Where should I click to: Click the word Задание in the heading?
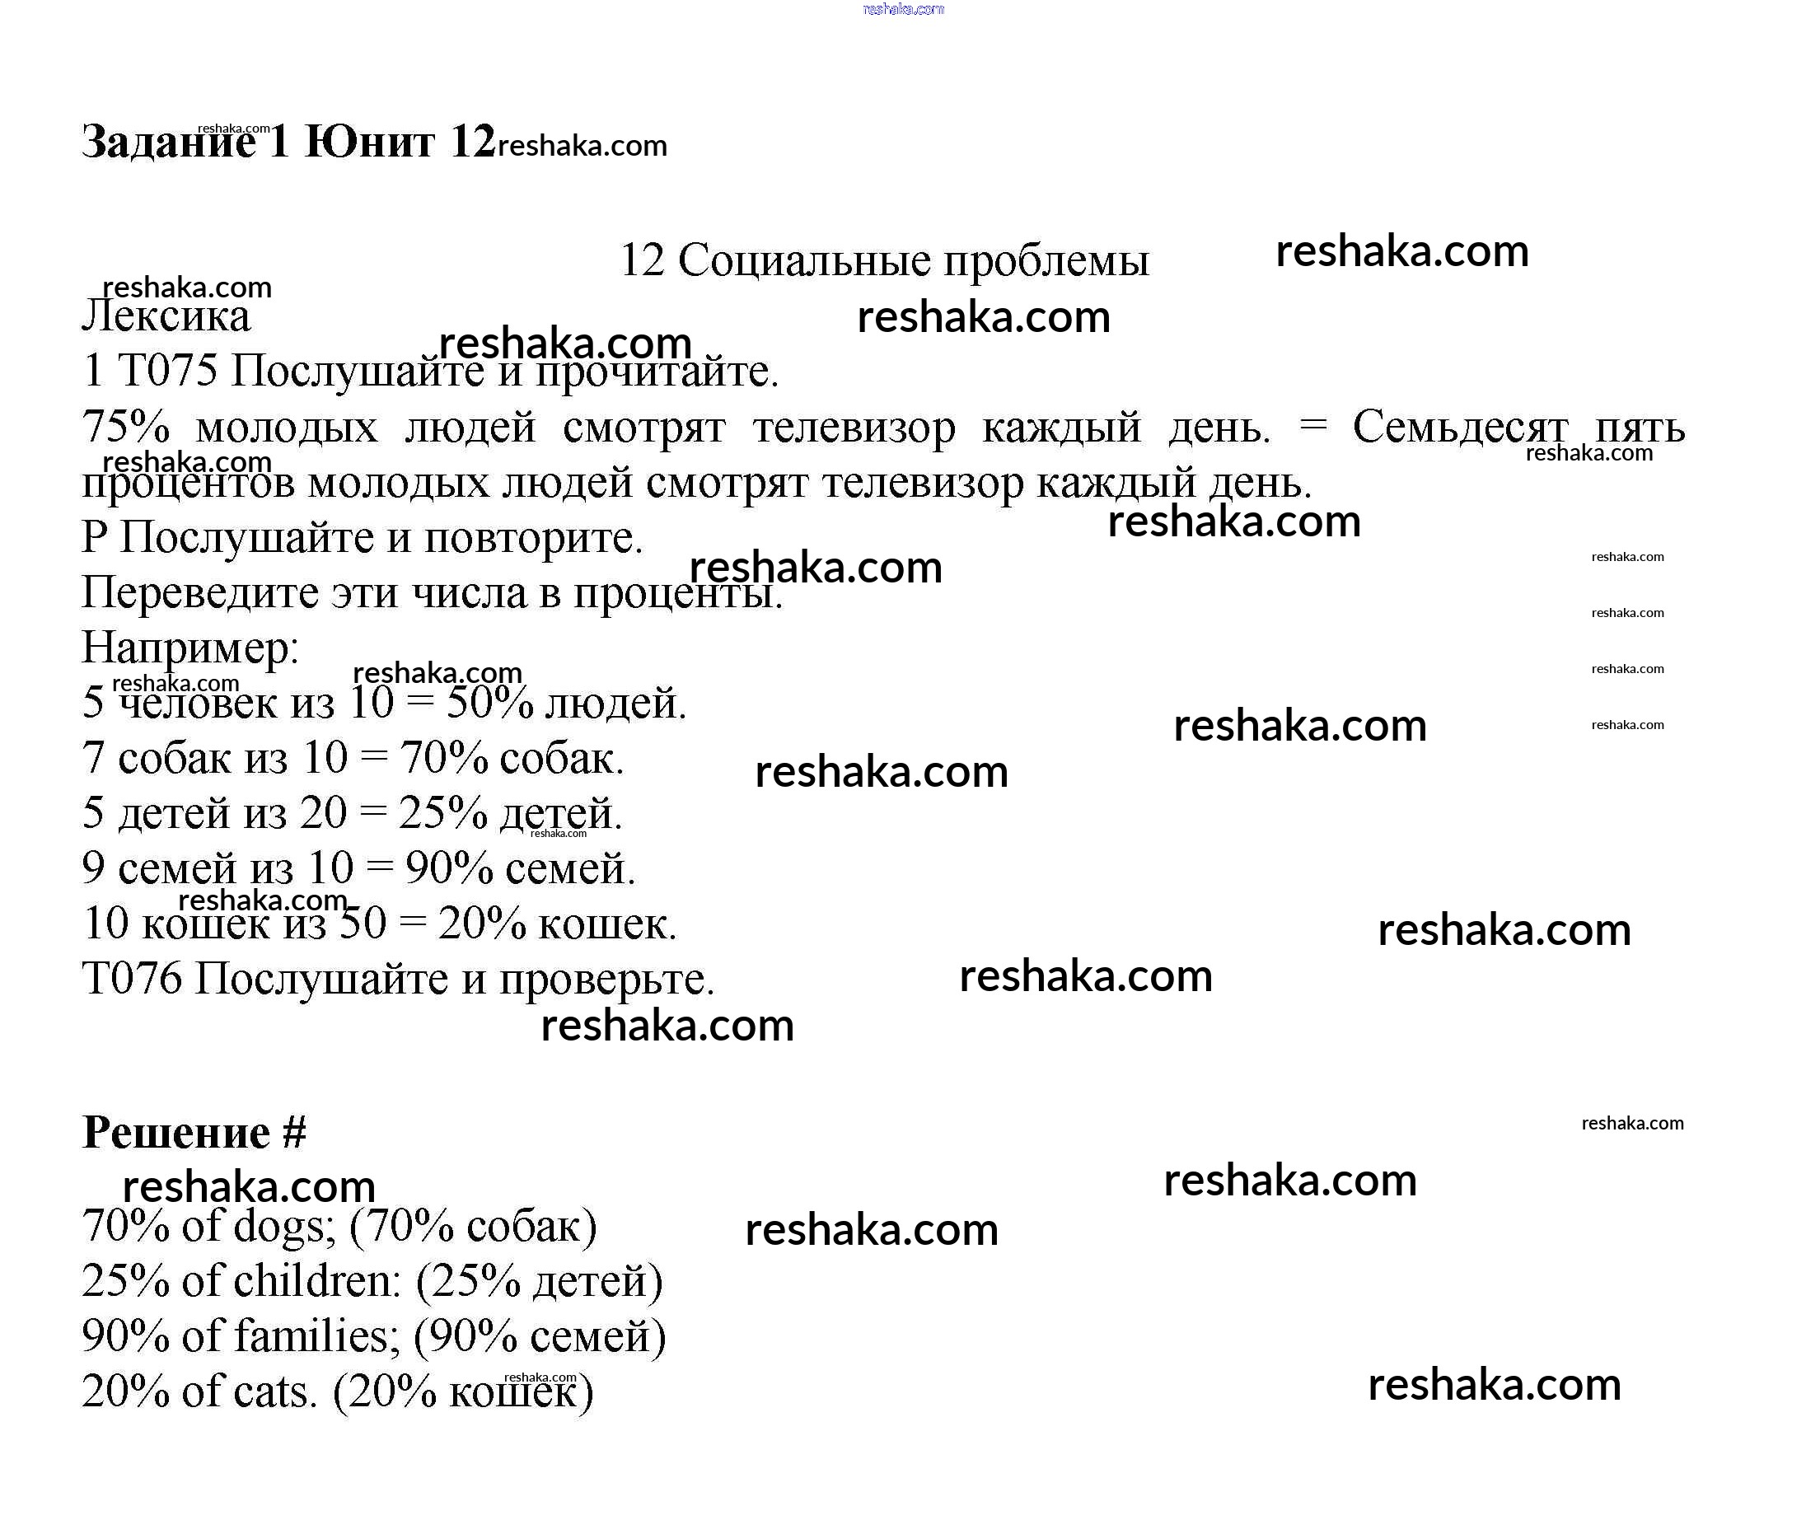point(168,143)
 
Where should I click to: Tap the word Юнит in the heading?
point(370,143)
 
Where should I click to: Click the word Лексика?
point(166,316)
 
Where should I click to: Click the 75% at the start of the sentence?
point(126,427)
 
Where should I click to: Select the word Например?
point(189,648)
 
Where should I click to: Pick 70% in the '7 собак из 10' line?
point(444,758)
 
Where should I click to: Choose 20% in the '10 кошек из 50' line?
point(482,924)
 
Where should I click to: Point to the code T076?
point(132,979)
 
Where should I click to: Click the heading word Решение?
point(175,1132)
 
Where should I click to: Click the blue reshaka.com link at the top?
point(903,8)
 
